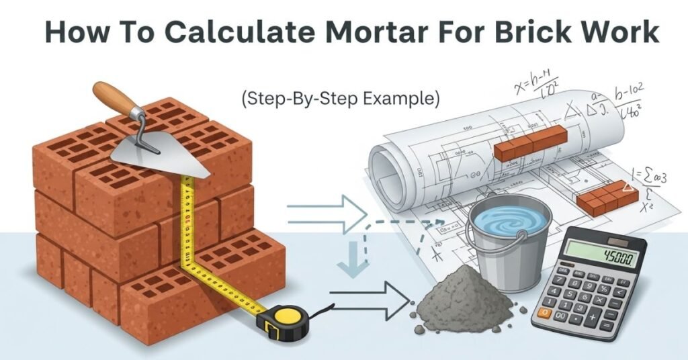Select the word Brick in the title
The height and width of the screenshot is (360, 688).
530,32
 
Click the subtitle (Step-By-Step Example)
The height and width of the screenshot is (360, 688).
341,99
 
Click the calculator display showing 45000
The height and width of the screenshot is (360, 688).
600,255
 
